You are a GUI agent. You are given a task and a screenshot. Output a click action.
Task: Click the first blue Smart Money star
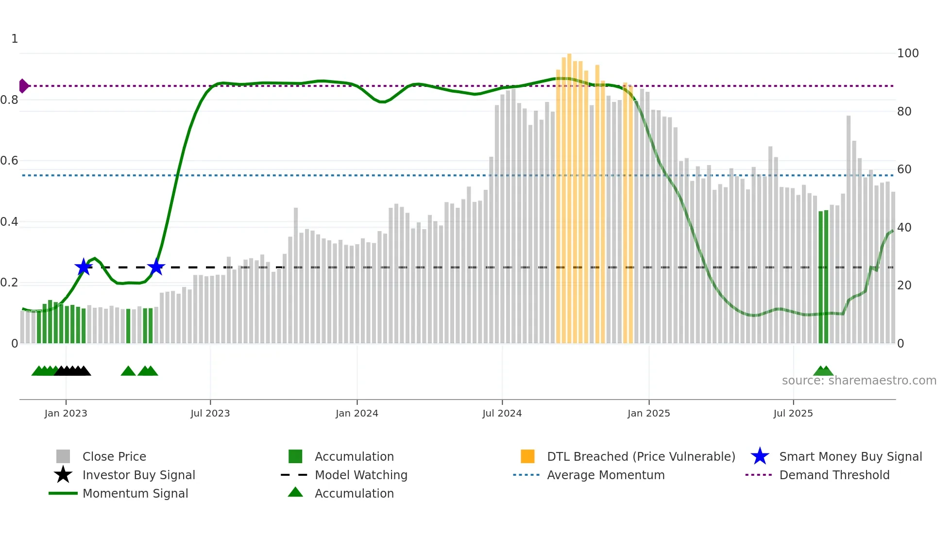(x=84, y=267)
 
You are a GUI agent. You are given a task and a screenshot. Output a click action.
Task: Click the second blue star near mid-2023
(x=156, y=267)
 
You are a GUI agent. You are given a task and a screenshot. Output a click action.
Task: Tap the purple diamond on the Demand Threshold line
(x=23, y=86)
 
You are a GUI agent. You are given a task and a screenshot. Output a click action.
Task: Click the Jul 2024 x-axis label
(x=502, y=413)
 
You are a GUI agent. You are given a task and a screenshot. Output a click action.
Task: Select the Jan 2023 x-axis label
(x=66, y=413)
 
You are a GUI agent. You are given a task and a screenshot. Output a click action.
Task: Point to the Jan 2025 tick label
(x=648, y=413)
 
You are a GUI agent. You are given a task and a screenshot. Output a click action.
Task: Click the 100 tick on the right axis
(x=907, y=53)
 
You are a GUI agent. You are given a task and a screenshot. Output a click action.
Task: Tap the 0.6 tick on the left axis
(x=10, y=161)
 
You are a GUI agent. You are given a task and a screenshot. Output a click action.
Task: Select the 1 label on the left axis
(x=15, y=39)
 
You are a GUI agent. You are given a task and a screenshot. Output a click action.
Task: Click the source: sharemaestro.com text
(x=859, y=381)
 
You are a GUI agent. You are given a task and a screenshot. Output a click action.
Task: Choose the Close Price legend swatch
(x=63, y=456)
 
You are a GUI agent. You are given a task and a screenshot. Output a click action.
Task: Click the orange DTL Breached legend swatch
(x=527, y=456)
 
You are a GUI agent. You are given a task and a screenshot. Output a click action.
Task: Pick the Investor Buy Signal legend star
(x=63, y=475)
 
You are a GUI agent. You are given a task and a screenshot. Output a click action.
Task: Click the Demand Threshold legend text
(x=834, y=475)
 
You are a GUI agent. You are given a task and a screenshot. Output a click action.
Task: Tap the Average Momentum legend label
(x=606, y=475)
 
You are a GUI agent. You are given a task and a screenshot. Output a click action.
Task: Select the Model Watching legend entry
(x=361, y=475)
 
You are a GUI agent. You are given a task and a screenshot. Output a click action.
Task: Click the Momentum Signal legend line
(x=63, y=493)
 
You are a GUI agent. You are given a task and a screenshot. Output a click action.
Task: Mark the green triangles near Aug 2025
(x=823, y=371)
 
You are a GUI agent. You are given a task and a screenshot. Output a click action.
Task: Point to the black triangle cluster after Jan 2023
(x=73, y=371)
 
